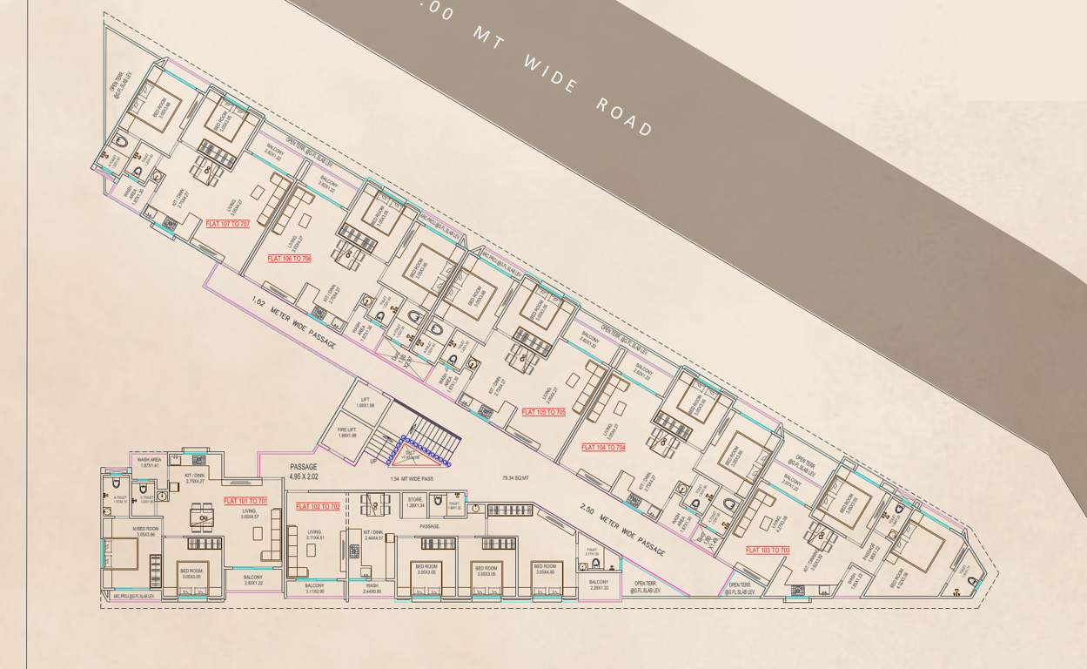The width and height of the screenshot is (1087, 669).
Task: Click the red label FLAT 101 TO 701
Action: coord(245,501)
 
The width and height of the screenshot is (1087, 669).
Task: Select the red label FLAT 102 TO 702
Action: coord(318,506)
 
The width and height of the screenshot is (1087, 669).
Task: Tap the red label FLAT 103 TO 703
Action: coord(768,550)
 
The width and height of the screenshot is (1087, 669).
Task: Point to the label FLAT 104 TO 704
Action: coord(603,448)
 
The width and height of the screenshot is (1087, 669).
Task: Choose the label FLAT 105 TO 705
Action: coord(543,411)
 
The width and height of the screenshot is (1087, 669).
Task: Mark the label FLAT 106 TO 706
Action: coord(289,259)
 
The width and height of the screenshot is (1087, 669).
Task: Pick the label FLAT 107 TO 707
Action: coord(227,224)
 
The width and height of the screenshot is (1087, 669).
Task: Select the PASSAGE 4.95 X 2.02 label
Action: coord(304,472)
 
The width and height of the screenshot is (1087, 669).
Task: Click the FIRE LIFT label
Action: coord(347,432)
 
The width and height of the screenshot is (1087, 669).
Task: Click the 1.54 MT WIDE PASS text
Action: coord(413,478)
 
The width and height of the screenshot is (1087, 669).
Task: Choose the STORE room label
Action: coord(415,503)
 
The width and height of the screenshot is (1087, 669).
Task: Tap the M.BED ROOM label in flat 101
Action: coord(145,531)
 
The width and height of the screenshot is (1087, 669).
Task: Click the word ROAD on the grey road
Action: coord(625,115)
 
